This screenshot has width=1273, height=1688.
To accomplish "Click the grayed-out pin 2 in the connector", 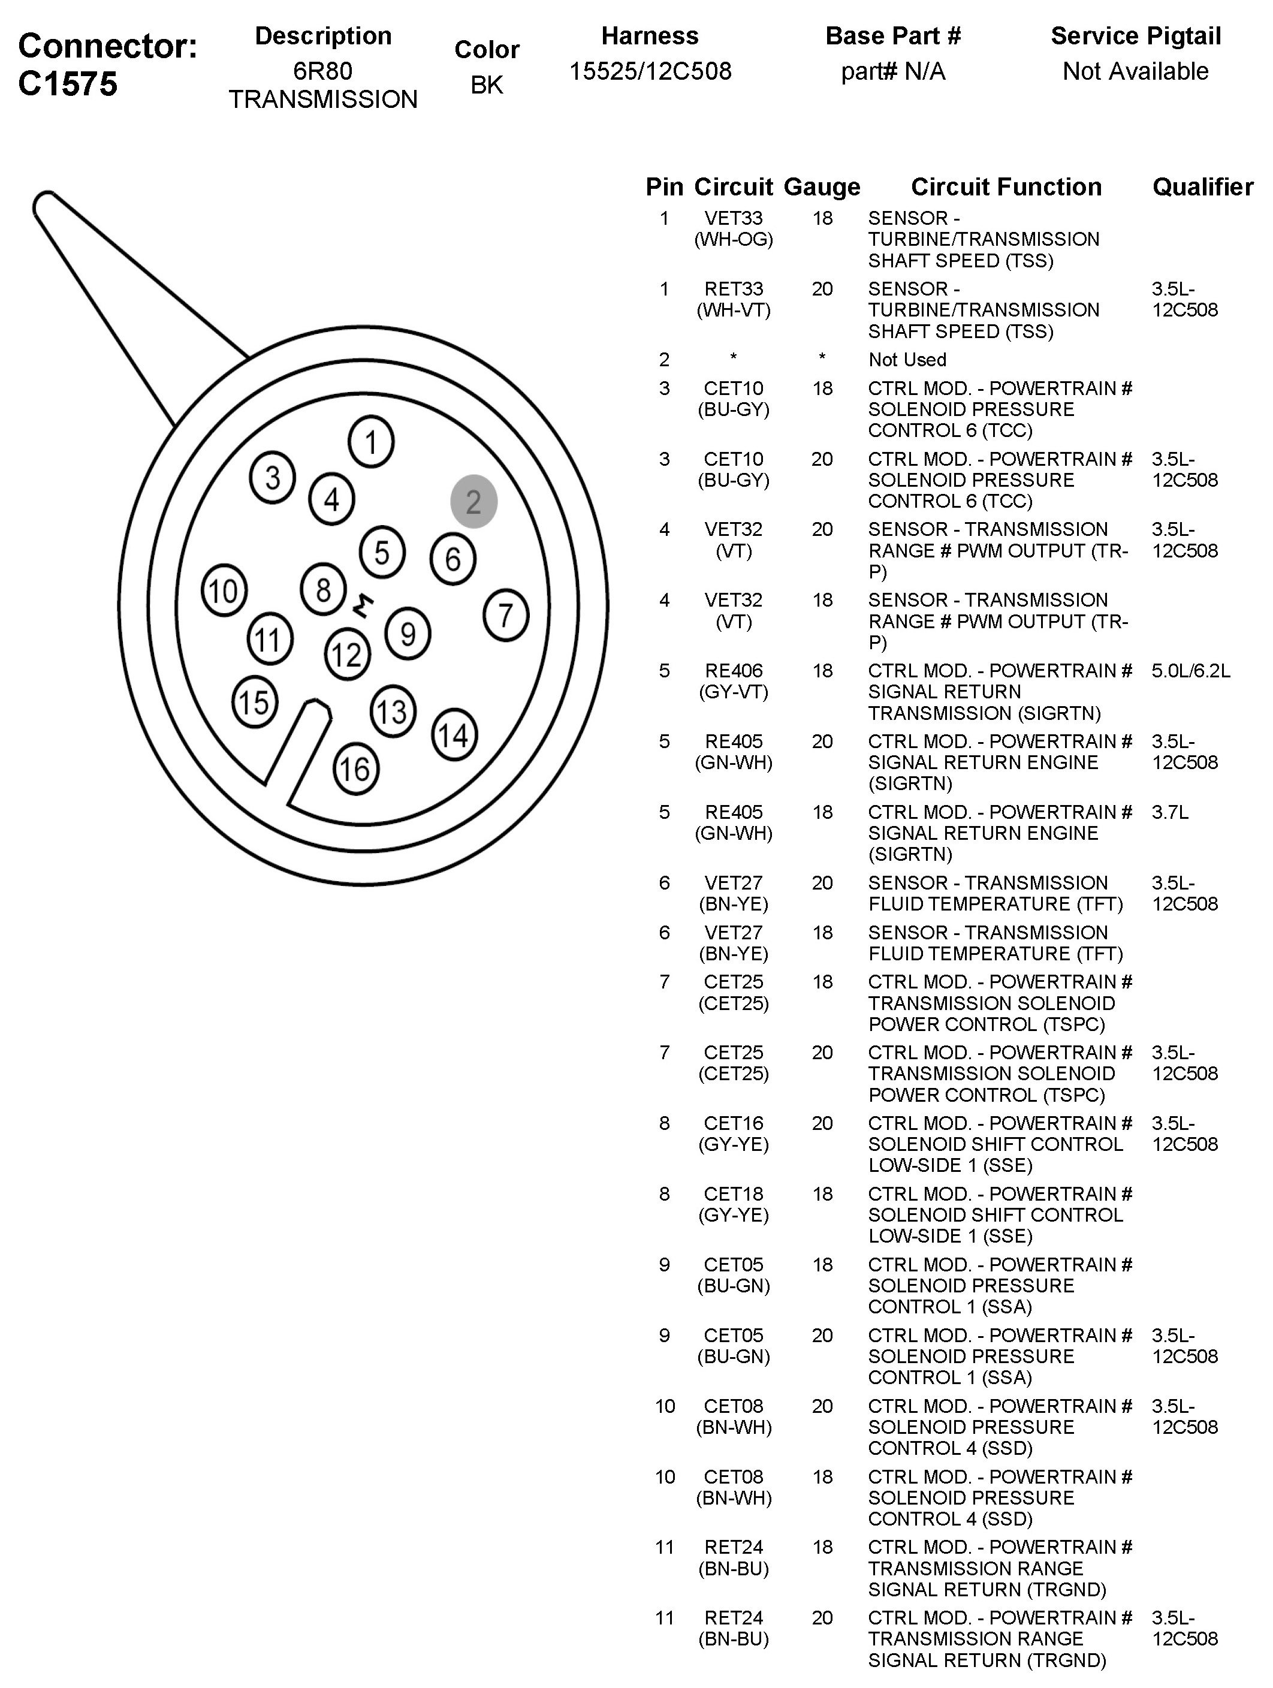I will [473, 501].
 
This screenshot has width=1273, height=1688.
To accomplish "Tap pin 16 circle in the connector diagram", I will [355, 768].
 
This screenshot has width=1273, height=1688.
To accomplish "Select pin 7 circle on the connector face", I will [505, 614].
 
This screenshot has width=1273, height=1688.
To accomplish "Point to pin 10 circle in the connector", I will [224, 590].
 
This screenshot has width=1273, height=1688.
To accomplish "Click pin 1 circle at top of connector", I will [371, 441].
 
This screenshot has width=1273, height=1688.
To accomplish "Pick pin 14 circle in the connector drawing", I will [454, 735].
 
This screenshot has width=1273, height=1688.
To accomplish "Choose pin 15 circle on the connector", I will [255, 702].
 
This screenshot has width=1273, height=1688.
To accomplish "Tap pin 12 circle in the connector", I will [346, 655].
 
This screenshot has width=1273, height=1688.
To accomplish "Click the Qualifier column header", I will [1202, 187].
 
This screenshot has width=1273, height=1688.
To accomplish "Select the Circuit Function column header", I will [1006, 187].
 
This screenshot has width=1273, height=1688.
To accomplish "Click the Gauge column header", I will [821, 187].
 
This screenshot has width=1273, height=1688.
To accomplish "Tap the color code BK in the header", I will [487, 85].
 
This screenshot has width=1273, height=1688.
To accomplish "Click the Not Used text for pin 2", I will [907, 360].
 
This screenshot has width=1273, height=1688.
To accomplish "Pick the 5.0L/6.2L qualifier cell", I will [1190, 671].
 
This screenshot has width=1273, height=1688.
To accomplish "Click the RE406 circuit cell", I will [734, 671].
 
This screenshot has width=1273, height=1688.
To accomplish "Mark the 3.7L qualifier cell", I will [1170, 812].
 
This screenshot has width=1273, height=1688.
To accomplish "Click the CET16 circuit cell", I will [734, 1123].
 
